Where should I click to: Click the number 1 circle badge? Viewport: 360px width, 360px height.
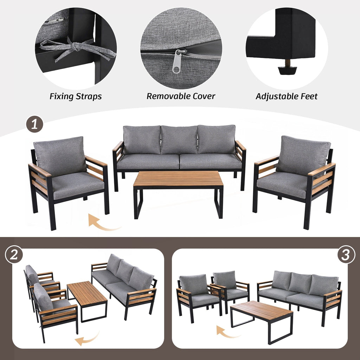34,125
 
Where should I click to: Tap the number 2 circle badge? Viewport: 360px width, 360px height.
14,255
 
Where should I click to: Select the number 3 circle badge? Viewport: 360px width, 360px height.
346,255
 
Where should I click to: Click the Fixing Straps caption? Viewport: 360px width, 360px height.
76,96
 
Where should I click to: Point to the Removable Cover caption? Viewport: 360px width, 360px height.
181,96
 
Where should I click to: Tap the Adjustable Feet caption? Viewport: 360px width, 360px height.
287,96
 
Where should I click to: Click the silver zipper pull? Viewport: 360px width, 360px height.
178,62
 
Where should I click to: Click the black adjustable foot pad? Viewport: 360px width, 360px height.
287,69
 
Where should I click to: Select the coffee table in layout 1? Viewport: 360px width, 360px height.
178,180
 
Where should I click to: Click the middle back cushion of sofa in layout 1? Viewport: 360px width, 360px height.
179,140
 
